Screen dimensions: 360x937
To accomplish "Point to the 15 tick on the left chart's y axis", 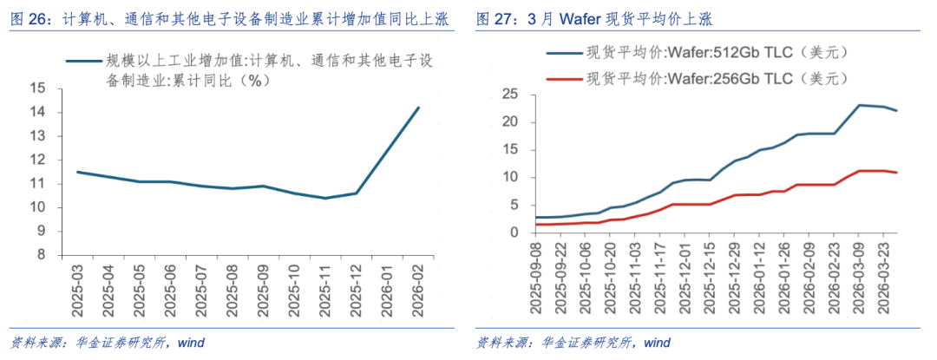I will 37,88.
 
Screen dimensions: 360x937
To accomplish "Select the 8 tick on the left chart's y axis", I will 41,255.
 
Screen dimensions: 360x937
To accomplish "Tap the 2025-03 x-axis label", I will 79,293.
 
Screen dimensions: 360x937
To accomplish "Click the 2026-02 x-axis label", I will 419,293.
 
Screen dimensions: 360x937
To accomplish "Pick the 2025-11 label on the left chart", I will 326,293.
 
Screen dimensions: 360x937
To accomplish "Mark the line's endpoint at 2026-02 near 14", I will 419,108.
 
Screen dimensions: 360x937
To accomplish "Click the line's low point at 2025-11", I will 326,198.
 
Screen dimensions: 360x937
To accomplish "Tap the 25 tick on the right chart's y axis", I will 509,94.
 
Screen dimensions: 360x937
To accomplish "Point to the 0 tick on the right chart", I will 513,232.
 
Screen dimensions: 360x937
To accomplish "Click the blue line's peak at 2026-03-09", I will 859,105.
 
